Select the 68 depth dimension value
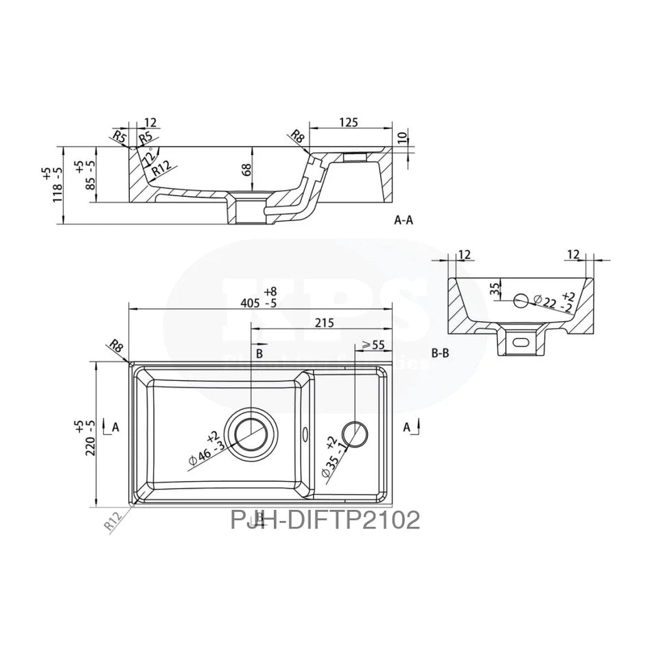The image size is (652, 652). (246, 170)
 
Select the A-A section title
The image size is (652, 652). (404, 221)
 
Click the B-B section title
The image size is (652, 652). (441, 354)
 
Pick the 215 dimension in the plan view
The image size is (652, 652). (325, 322)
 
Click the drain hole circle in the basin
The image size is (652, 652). (251, 430)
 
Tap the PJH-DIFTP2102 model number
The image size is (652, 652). (325, 520)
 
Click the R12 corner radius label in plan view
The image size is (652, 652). (113, 520)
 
